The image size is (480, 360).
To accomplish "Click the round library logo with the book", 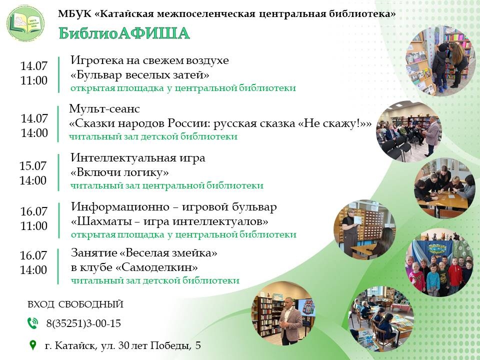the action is coord(25,23).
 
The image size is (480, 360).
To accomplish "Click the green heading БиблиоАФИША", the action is coord(124,33).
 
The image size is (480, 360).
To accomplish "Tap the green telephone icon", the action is coord(32,323).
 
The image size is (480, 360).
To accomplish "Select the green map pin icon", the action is coord(32,345).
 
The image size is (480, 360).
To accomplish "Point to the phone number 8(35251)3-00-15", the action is coord(83,323).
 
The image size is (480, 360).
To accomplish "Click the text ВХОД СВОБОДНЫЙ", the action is coord(75,304).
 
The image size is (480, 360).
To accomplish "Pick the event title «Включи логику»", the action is coord(119,172).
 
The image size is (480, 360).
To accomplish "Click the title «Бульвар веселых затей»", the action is coord(140,74).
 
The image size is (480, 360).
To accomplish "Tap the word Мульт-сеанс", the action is coord(104,108).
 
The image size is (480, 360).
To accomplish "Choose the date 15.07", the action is coord(33,165).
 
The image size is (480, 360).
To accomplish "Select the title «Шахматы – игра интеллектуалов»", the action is coord(169,221).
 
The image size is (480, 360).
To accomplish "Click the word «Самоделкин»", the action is coord(156,267).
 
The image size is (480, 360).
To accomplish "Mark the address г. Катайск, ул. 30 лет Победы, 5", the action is coord(123,345).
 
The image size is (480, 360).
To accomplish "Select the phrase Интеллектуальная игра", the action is coord(138,158).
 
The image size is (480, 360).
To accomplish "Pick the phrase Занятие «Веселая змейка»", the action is coord(144,253).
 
